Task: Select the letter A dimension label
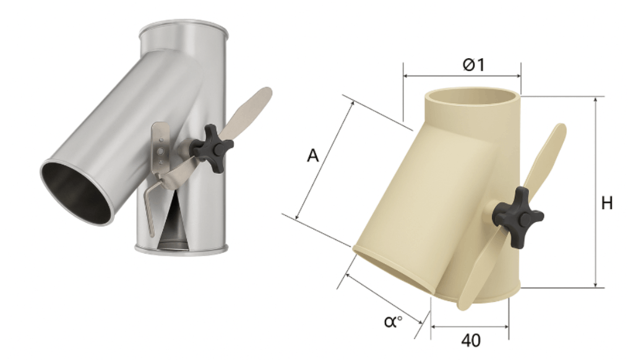pyautogui.click(x=313, y=156)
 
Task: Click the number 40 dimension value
pyautogui.click(x=470, y=340)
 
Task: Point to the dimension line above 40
pyautogui.click(x=470, y=327)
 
